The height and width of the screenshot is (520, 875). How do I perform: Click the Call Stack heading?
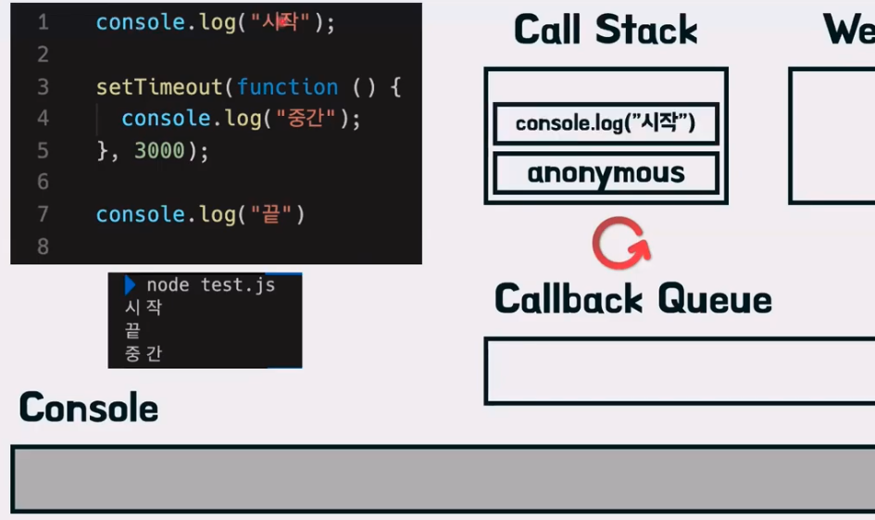[606, 30]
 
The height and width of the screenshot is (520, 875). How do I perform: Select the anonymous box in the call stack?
[606, 173]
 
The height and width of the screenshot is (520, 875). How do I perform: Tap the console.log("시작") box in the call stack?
[606, 123]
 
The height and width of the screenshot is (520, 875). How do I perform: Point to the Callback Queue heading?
[633, 299]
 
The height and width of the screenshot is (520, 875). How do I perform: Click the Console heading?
[89, 408]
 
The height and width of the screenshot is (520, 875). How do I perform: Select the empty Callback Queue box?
[679, 371]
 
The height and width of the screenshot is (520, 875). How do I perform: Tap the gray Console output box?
[443, 478]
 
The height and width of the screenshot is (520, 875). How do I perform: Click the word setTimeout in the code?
[159, 87]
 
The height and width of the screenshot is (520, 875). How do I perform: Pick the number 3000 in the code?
[159, 151]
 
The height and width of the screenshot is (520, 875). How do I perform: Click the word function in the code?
[287, 87]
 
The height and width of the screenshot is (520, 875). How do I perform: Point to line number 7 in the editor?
[43, 214]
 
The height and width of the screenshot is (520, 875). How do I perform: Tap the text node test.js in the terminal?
[210, 285]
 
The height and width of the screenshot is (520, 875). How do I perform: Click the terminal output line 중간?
[144, 353]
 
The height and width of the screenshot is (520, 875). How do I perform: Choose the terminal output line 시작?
[144, 307]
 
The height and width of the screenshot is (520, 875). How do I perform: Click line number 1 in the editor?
[43, 23]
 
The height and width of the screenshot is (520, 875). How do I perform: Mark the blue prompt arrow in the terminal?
[131, 285]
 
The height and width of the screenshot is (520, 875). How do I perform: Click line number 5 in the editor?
[43, 151]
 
